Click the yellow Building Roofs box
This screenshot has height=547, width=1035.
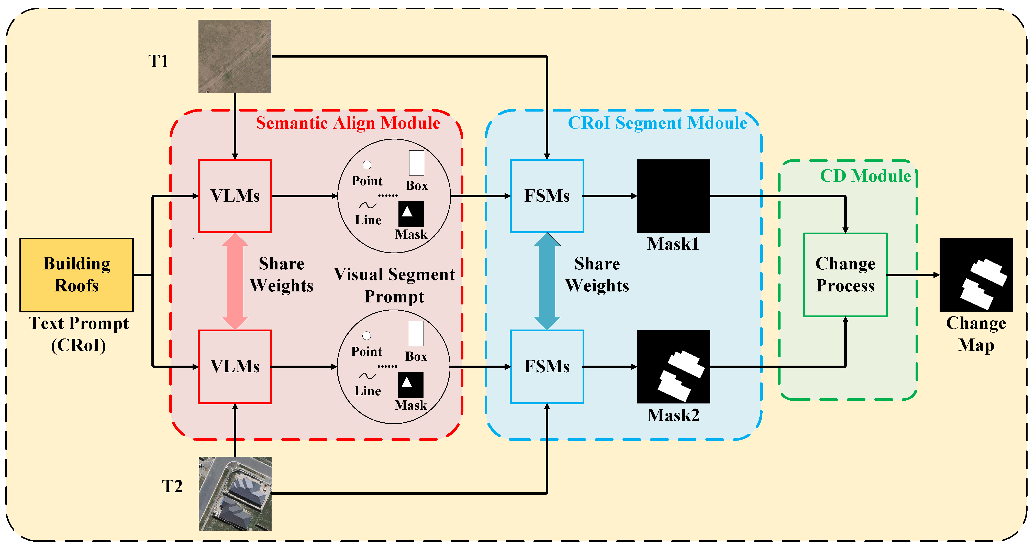coord(76,275)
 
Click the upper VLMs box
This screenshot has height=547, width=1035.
coord(235,196)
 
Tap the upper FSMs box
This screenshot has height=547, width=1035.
coord(547,196)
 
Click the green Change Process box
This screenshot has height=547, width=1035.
coord(845,275)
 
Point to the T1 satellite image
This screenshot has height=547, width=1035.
coord(235,56)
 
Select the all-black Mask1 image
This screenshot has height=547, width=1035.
coord(673,196)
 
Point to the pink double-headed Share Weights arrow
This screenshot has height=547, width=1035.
coord(235,281)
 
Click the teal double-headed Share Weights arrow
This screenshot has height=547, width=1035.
coord(547,281)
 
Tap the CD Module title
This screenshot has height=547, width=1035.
coord(865,176)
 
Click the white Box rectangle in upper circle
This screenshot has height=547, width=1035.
coord(417,163)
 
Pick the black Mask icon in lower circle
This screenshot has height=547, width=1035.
coord(411,385)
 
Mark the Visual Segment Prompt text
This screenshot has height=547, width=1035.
coord(394,285)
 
